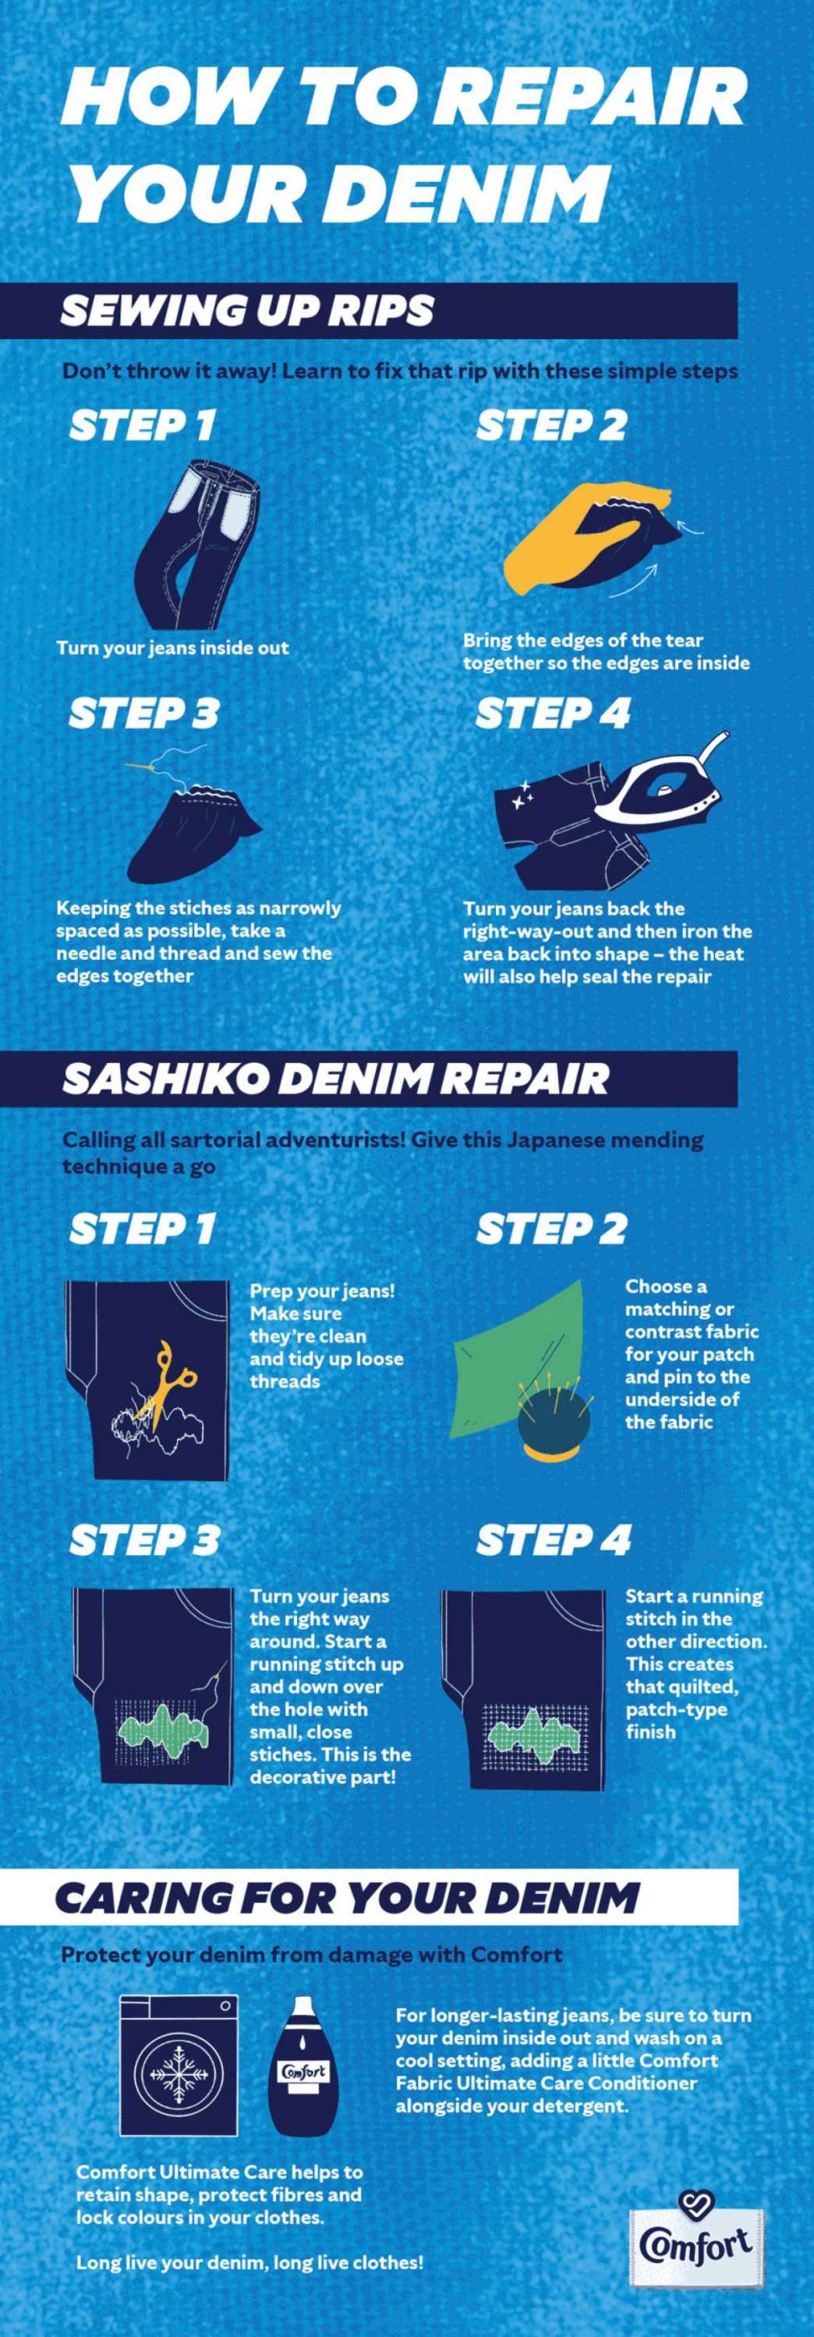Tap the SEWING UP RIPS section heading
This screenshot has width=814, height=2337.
point(247,311)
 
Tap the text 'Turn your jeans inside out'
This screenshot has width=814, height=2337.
point(172,648)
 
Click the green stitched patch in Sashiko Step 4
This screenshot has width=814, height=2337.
point(527,1737)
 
